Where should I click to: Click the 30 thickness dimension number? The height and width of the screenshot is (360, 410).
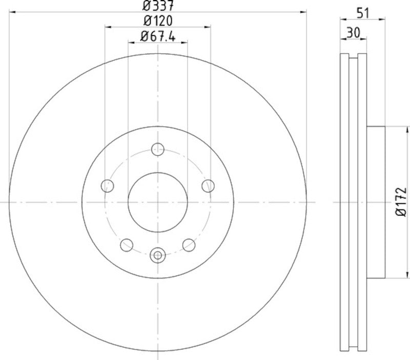point(353,32)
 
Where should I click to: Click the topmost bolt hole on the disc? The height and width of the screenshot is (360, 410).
point(158,150)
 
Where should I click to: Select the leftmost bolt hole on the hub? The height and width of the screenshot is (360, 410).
point(108,185)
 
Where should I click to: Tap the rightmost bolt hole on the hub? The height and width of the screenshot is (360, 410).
point(208,185)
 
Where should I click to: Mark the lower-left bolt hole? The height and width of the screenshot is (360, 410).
point(126,244)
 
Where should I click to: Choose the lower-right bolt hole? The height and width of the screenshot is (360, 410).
point(189,244)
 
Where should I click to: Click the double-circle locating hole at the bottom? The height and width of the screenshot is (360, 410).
point(158,254)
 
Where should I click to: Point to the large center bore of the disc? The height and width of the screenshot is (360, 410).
point(158,202)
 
